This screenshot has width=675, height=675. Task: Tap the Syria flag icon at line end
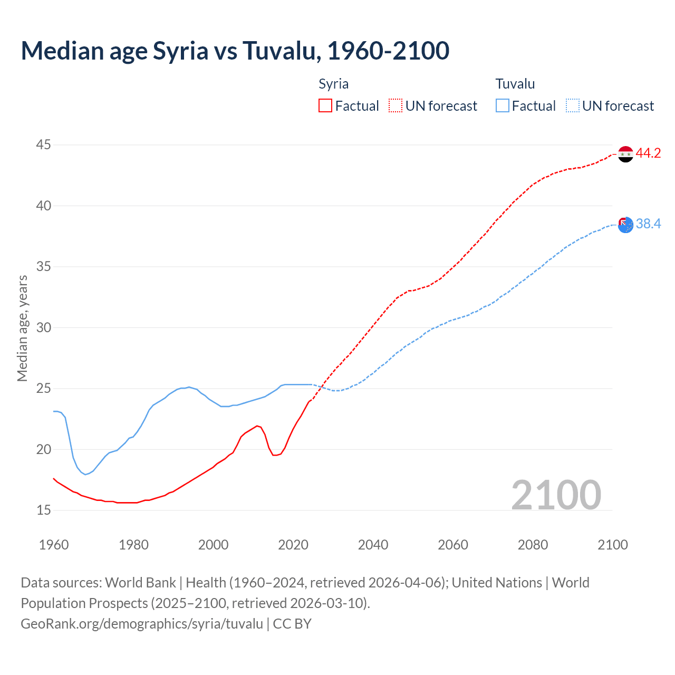coord(625,154)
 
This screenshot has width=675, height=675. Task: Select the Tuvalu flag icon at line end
coord(625,225)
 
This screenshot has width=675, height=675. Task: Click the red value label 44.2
coord(648,153)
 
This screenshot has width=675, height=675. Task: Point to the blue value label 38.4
coord(648,224)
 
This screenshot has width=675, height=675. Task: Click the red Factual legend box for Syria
coord(325,106)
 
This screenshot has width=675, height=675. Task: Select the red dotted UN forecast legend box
coord(396,106)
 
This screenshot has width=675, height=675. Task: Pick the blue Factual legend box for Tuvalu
coord(503,106)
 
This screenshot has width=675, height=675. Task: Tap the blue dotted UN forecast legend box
coord(573,106)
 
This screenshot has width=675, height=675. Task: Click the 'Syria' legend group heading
coord(333,84)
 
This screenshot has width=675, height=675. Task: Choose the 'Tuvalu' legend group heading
coord(515,84)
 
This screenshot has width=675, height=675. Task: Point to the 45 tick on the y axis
coord(44,145)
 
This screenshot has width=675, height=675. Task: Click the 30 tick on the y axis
coord(44,327)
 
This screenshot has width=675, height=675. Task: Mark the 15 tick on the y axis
coord(44,510)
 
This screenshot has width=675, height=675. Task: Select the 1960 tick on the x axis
coord(54,545)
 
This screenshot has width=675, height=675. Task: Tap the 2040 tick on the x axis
coord(373,545)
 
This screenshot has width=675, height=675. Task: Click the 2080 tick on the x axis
coord(533,545)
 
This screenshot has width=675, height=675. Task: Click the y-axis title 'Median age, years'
coord(22,328)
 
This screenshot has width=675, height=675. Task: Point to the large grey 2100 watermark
coord(556,495)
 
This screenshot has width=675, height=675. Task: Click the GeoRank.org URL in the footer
coord(142,624)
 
